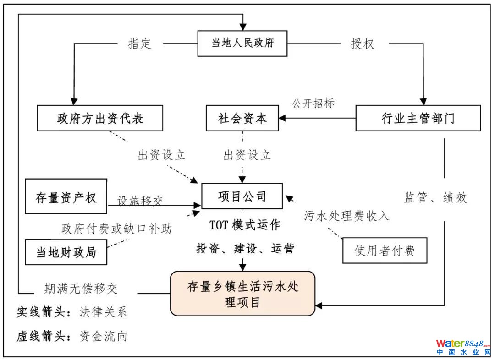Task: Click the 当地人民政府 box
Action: coord(242,44)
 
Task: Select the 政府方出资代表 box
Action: coord(100,118)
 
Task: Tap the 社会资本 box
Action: coord(242,118)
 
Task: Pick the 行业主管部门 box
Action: coord(418,118)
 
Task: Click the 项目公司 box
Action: coord(242,196)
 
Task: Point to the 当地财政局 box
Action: coord(66,252)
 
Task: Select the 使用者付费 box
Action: coord(385,250)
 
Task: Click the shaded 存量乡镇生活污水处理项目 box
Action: coord(242,293)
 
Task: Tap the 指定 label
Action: coord(139,44)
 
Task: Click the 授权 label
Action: coord(363,44)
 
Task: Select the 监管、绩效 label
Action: coord(435,197)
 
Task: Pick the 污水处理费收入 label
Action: coord(346,215)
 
